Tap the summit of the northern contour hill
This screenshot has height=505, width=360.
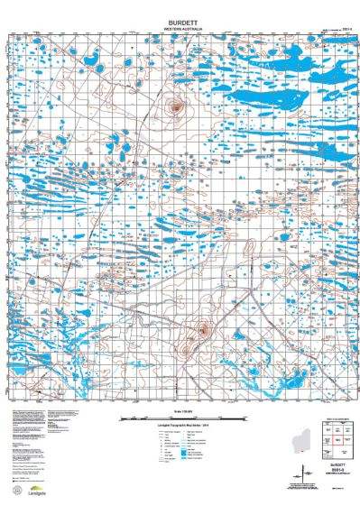coord(176,107)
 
